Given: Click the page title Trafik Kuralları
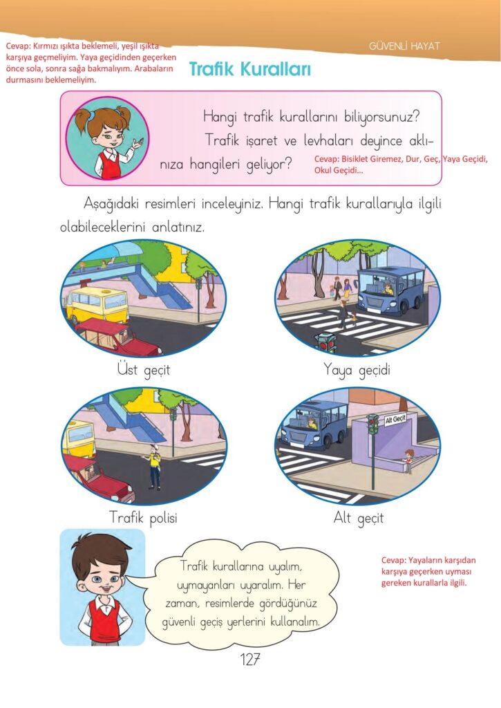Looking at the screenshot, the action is click(250, 69).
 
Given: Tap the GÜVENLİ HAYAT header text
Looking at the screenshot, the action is click(404, 46).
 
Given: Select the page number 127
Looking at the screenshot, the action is click(250, 659).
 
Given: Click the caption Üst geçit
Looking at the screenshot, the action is click(144, 370).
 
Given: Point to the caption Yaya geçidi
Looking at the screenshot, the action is click(357, 371).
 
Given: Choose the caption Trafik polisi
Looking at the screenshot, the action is click(143, 517).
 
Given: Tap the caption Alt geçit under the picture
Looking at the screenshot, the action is click(359, 517).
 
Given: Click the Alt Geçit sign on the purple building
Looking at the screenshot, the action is click(395, 419).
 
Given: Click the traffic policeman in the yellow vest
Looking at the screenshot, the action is click(154, 467).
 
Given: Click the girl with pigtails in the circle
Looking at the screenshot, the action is click(108, 138).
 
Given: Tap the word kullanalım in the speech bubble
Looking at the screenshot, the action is click(295, 622).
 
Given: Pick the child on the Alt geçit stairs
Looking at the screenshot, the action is click(408, 461).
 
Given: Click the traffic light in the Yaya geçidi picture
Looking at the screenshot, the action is click(326, 342).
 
